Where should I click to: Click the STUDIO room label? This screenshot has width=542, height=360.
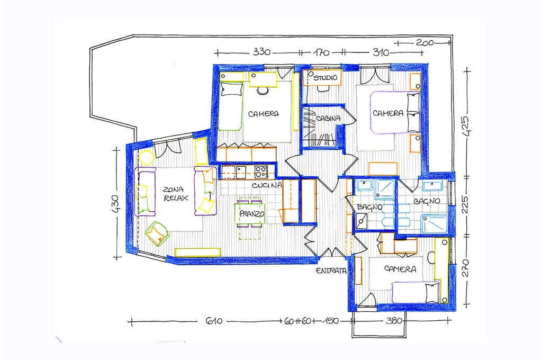click(x=326, y=78)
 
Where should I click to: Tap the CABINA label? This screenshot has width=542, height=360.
click(x=328, y=118)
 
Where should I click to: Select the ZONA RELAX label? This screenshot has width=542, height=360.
click(x=176, y=194)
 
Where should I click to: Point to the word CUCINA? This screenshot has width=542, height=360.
click(x=267, y=185)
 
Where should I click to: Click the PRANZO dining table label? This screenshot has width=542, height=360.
click(x=252, y=214)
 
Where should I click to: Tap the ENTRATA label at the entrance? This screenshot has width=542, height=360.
click(x=331, y=271)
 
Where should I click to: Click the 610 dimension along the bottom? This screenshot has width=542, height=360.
click(x=214, y=321)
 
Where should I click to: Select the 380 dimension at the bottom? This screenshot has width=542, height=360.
click(x=393, y=321)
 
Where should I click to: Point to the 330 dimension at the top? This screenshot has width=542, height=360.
click(x=261, y=52)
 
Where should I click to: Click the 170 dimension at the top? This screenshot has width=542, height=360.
click(x=321, y=53)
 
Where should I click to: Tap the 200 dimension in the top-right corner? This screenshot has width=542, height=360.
click(x=425, y=43)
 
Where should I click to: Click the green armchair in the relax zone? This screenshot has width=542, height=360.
click(x=157, y=234)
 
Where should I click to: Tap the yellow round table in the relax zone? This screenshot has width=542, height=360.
click(x=147, y=158)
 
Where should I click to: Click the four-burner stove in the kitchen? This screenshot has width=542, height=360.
click(x=261, y=170)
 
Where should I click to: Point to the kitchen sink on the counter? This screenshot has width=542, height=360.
click(x=241, y=170)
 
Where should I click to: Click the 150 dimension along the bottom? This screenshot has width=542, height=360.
click(x=331, y=321)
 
